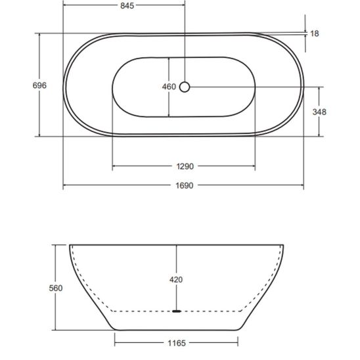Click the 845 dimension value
pyautogui.click(x=127, y=6)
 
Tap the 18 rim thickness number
pyautogui.click(x=314, y=34)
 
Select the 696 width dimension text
pyautogui.click(x=39, y=85)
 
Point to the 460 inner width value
pyautogui.click(x=169, y=87)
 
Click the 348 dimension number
pyautogui.click(x=319, y=112)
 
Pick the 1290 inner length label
pyautogui.click(x=185, y=166)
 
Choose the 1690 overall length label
pyautogui.click(x=185, y=185)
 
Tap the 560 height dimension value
pyautogui.click(x=56, y=288)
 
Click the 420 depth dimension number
pyautogui.click(x=176, y=280)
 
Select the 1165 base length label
pyautogui.click(x=177, y=343)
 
